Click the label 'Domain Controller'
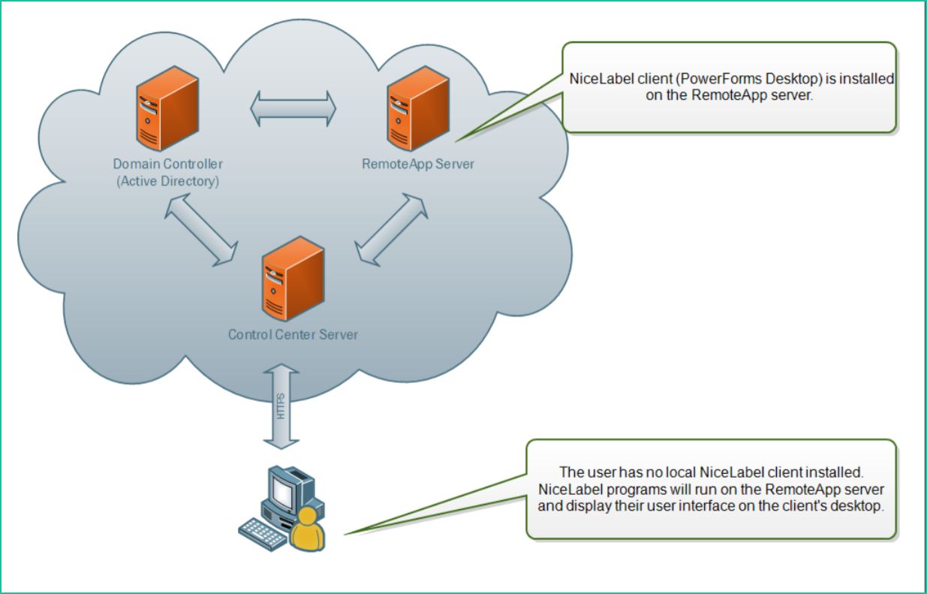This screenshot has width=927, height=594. point(167,164)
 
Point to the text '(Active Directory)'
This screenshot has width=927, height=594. point(167,181)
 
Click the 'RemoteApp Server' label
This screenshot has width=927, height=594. point(418,164)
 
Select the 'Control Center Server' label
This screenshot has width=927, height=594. point(293,334)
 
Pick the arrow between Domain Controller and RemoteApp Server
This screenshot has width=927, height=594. point(293,107)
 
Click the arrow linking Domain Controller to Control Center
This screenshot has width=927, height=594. point(200,231)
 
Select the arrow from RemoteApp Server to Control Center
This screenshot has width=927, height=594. point(390,228)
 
